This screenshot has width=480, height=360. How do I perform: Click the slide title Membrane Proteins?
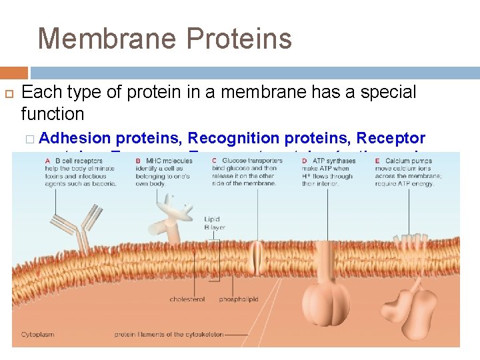[x=165, y=38]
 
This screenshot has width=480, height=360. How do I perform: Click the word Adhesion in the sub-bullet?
[x=75, y=138]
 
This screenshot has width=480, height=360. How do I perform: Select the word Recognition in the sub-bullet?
[x=233, y=138]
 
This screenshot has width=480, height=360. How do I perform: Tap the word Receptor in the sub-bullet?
[x=391, y=138]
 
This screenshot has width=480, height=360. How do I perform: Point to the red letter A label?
[x=48, y=161]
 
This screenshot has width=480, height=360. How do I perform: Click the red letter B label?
[x=138, y=161]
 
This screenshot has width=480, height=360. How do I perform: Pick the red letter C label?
[x=216, y=161]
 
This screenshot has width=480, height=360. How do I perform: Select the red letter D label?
[x=304, y=161]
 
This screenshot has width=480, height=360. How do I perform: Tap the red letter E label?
[x=377, y=161]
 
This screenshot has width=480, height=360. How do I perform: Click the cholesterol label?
[x=187, y=299]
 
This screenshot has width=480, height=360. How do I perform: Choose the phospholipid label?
[x=239, y=299]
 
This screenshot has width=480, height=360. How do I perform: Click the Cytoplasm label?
[x=37, y=334]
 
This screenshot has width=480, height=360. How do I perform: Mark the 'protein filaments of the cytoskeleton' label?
[x=169, y=334]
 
